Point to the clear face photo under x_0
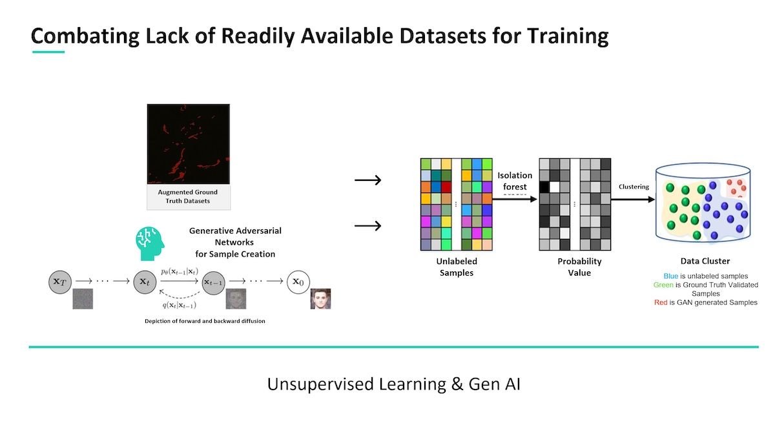click(320, 299)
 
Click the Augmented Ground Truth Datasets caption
click(188, 196)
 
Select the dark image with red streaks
click(188, 144)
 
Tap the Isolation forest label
click(515, 181)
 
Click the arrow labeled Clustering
click(634, 199)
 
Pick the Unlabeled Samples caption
click(457, 267)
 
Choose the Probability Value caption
click(579, 267)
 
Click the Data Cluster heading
click(705, 261)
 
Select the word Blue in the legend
click(672, 276)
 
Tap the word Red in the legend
click(661, 302)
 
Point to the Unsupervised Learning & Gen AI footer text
click(394, 384)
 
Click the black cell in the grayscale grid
click(544, 187)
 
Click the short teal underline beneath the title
click(48, 52)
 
